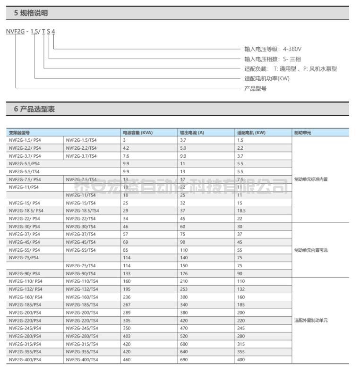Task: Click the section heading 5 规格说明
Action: tap(31, 13)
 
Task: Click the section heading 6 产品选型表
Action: tap(34, 109)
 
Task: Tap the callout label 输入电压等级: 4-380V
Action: tap(273, 49)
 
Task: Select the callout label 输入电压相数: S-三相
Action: tap(273, 59)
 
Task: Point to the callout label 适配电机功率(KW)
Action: tap(267, 78)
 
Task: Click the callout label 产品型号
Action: tap(255, 88)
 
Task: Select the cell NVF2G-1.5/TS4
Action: tap(81, 140)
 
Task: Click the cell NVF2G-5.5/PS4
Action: tap(24, 164)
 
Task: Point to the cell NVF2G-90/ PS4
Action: tap(25, 273)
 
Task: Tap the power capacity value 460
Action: tap(127, 360)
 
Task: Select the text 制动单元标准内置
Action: tap(311, 179)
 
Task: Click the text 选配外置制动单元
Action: tap(311, 321)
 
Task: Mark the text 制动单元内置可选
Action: tap(311, 250)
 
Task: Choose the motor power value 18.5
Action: tap(241, 211)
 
